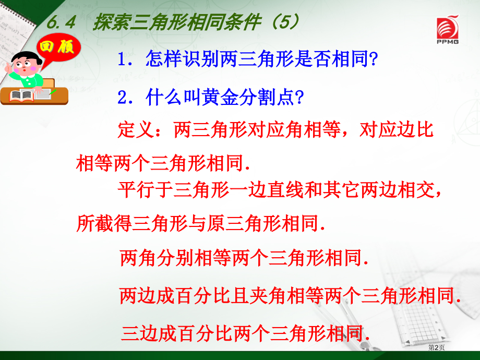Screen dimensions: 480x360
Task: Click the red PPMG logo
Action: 448,29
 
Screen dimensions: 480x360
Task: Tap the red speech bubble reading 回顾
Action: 58,49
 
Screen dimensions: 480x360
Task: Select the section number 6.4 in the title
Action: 61,22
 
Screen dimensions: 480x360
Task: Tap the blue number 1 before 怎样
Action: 122,59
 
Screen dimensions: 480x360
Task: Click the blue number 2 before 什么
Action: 123,98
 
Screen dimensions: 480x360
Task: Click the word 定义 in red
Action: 136,129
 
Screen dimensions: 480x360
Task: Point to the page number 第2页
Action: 436,347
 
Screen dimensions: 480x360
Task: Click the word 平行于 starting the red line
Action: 146,190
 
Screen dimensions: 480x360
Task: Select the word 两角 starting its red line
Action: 138,258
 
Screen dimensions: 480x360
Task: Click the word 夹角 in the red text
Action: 268,296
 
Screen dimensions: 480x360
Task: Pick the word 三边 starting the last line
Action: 140,333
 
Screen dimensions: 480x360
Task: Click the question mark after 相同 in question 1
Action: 374,59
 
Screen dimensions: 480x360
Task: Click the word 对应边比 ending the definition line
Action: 397,129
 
